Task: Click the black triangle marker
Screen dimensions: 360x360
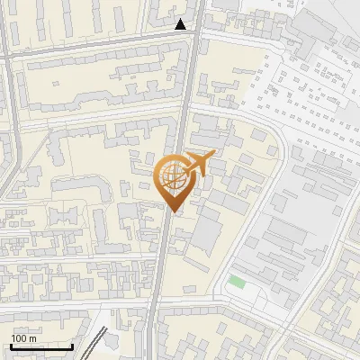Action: pyautogui.click(x=181, y=24)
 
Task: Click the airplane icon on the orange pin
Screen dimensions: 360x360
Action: pyautogui.click(x=198, y=165)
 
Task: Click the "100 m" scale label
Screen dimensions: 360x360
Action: pyautogui.click(x=23, y=337)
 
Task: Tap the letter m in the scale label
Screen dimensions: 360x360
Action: pyautogui.click(x=32, y=337)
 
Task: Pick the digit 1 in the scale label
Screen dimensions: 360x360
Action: pyautogui.click(x=13, y=337)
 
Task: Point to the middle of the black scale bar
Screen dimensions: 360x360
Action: pyautogui.click(x=41, y=346)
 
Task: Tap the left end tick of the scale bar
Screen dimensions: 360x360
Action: pyautogui.click(x=11, y=346)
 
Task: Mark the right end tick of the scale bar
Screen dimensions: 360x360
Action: pyautogui.click(x=72, y=346)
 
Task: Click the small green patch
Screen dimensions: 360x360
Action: pyautogui.click(x=236, y=283)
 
